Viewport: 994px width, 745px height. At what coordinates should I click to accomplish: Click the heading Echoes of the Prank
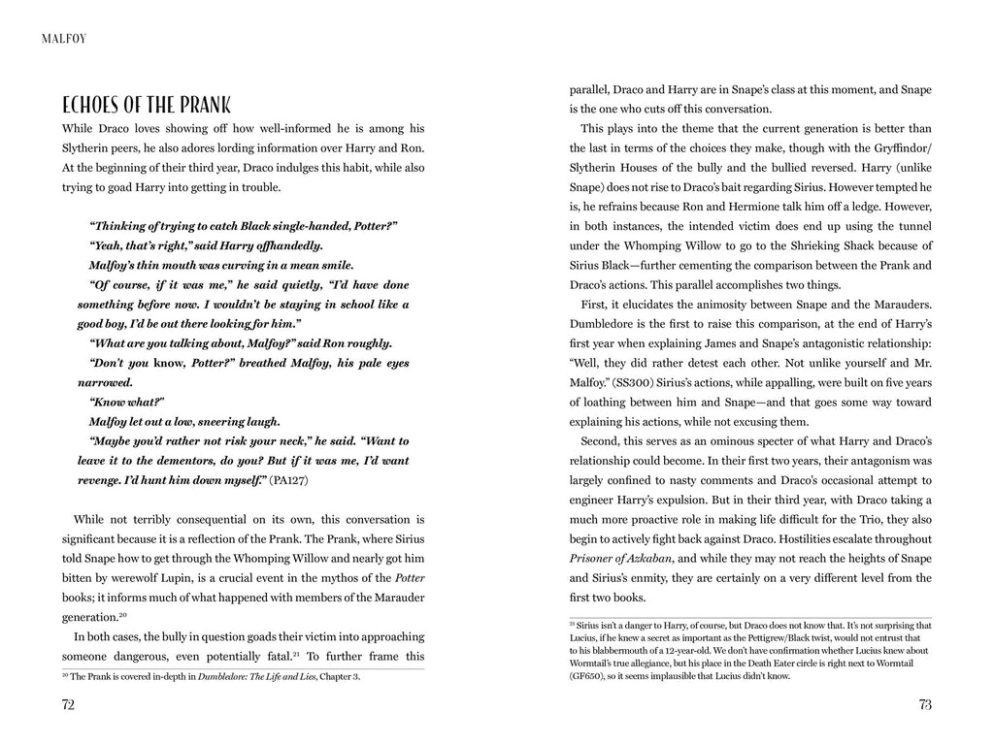tap(146, 105)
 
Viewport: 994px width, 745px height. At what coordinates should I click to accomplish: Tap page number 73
tap(924, 705)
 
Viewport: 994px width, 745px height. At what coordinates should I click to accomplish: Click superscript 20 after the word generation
tap(123, 614)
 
